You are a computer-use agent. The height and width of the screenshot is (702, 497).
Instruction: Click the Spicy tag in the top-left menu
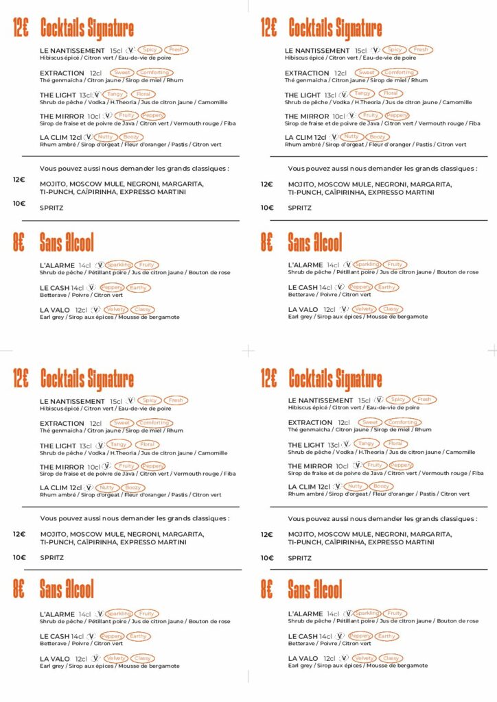[x=150, y=50]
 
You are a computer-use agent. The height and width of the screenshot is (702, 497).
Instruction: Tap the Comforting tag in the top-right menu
[x=399, y=73]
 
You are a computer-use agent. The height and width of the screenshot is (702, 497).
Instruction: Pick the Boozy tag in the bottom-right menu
[x=381, y=486]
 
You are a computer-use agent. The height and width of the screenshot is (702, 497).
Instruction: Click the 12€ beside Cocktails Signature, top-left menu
[x=21, y=28]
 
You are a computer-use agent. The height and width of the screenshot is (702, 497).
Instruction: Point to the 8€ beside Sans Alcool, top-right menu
[x=268, y=242]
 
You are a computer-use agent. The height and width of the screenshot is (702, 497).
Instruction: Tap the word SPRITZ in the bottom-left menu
[x=51, y=557]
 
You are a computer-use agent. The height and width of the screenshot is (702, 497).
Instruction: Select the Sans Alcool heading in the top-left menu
[x=67, y=242]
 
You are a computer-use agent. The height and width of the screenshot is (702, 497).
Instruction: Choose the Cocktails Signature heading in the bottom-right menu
[x=335, y=378]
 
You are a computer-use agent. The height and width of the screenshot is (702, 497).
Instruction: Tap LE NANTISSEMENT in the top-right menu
[x=317, y=50]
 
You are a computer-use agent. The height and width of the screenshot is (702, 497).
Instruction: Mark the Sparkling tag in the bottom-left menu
[x=119, y=614]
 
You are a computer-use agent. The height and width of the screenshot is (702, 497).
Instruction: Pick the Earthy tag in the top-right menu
[x=386, y=287]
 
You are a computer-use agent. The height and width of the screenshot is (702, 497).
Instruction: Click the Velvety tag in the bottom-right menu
[x=364, y=658]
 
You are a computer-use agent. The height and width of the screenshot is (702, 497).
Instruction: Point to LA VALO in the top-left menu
[x=56, y=310]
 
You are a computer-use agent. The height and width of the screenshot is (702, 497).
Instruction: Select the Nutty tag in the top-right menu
[x=351, y=136]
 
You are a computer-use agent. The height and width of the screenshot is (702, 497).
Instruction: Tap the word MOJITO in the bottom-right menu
[x=301, y=534]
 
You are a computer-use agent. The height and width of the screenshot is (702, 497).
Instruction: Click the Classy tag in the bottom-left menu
[x=142, y=658]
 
